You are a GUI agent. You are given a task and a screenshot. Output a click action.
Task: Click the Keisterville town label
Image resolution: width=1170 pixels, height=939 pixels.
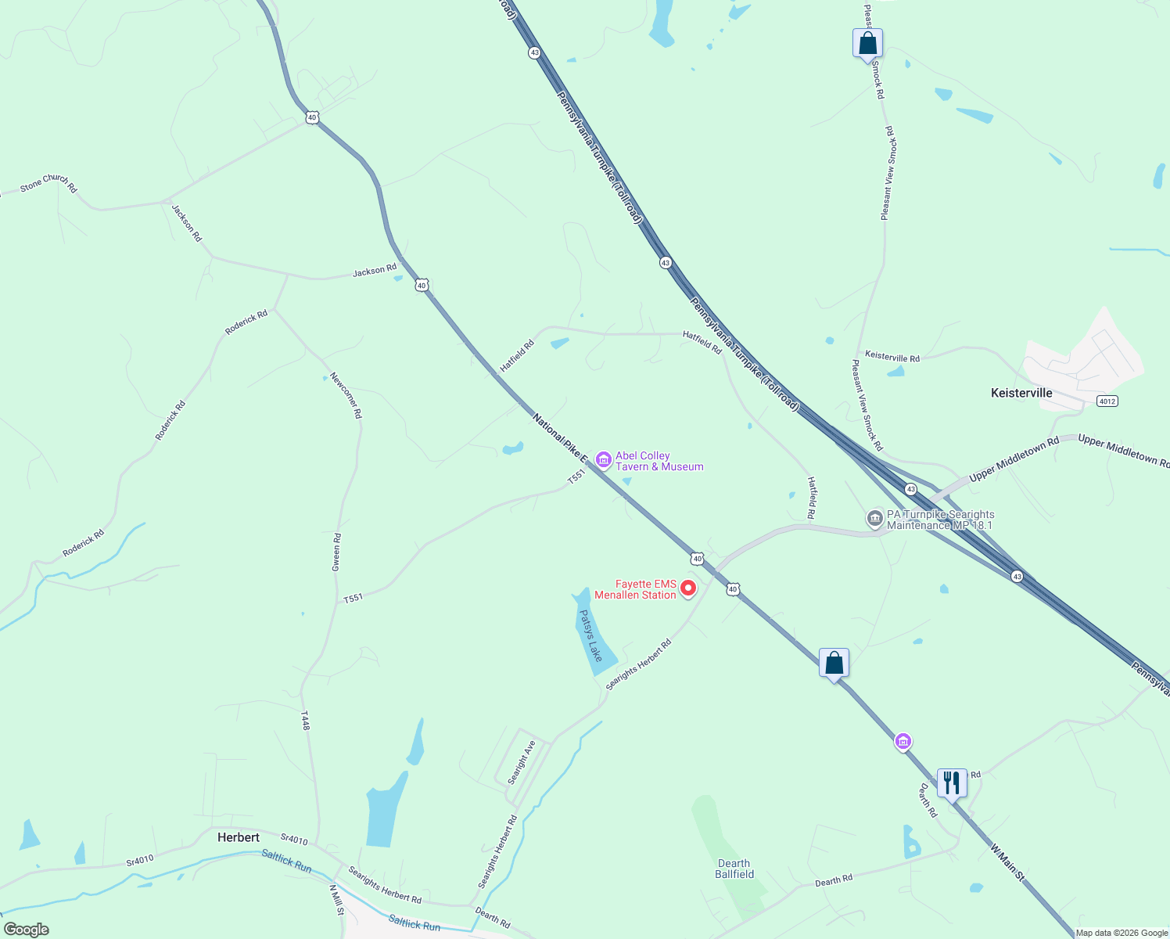tap(1021, 393)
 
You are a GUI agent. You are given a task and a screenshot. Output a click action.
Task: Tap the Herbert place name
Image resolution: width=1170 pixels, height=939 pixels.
tap(239, 837)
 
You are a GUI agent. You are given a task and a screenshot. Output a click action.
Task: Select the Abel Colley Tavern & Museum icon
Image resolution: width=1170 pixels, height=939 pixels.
tap(603, 460)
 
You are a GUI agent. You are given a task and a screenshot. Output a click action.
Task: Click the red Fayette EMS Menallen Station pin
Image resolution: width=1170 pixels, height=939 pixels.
tap(688, 588)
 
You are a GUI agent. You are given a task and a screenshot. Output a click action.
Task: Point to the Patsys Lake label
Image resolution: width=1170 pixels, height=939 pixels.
tap(590, 635)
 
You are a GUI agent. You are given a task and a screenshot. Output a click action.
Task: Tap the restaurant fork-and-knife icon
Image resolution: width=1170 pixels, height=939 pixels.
tap(952, 782)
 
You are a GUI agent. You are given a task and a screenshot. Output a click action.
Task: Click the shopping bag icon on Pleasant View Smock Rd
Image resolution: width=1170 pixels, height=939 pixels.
tap(867, 43)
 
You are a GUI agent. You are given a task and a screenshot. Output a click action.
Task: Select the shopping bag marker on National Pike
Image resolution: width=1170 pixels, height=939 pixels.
tap(834, 663)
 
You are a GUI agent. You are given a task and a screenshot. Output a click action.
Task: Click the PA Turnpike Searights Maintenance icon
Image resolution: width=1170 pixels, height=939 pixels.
tap(875, 518)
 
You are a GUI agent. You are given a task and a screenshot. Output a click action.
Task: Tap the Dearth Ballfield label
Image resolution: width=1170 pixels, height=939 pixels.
tap(734, 869)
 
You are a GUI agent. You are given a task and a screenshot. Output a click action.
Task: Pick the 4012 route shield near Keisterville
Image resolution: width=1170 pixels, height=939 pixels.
tap(1107, 401)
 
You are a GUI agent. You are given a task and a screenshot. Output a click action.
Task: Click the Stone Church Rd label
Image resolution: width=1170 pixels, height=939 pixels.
tap(48, 183)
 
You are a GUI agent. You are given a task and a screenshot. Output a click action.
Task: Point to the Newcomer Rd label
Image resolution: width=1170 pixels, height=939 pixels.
tap(346, 394)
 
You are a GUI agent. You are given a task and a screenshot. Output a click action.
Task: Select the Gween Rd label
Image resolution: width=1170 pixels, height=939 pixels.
tap(337, 552)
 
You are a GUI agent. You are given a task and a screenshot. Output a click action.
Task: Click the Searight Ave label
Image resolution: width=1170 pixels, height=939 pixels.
tap(522, 762)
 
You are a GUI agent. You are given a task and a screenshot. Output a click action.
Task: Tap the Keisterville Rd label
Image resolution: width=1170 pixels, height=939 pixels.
tap(892, 357)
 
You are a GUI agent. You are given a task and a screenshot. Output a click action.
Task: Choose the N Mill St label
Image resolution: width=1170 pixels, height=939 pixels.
tap(336, 900)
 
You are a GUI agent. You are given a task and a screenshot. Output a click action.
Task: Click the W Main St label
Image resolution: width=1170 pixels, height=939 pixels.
tap(1007, 862)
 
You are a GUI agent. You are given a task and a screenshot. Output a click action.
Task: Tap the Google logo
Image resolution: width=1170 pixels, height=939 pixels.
tap(27, 930)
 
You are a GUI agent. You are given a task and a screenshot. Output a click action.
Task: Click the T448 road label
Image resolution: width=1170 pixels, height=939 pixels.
tap(306, 721)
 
